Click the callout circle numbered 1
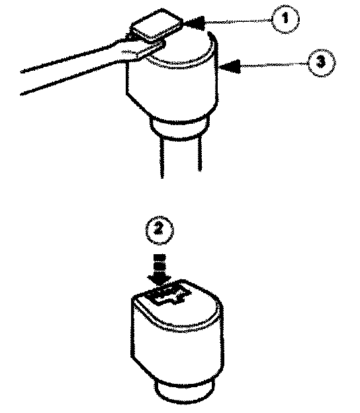(285, 19)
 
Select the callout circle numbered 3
(321, 63)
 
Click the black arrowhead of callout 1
(195, 23)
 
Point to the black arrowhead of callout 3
(230, 66)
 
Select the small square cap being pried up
(157, 24)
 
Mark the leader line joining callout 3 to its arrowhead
(274, 65)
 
